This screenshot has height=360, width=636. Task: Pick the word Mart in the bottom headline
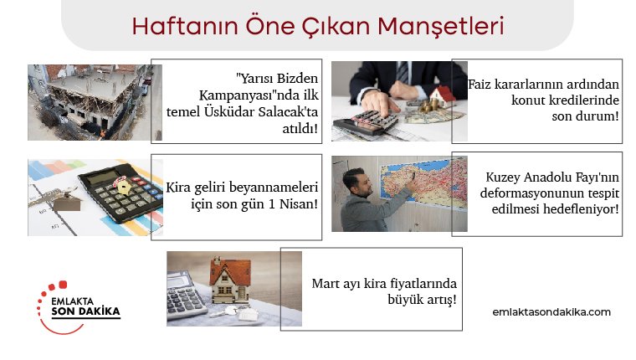click(326, 283)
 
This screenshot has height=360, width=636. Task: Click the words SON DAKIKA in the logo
click(86, 311)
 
